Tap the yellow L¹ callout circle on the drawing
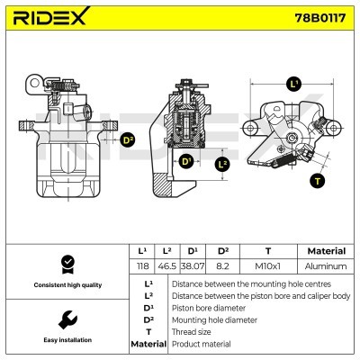click(x=293, y=84)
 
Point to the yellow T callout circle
click(x=317, y=180)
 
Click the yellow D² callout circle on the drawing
click(x=128, y=140)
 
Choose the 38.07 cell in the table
click(x=192, y=267)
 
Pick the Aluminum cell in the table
click(x=326, y=267)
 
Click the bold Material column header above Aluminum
click(x=326, y=251)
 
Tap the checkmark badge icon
click(x=66, y=264)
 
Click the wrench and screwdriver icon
click(x=66, y=319)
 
